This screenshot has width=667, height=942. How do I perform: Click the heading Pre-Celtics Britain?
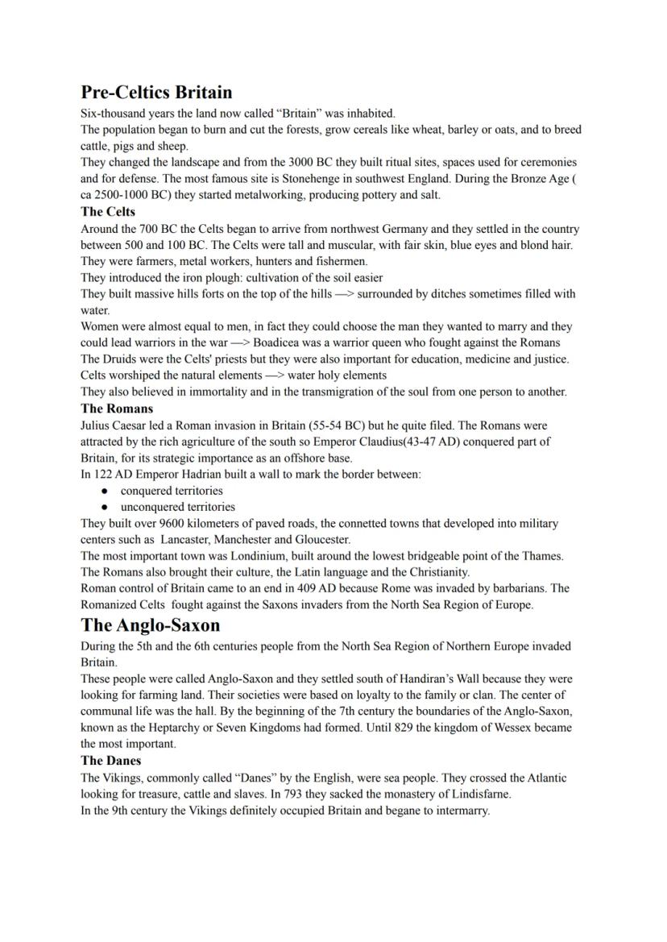click(x=156, y=92)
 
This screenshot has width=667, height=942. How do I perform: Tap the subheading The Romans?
click(x=117, y=409)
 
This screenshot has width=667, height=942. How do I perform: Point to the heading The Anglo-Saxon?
click(x=150, y=625)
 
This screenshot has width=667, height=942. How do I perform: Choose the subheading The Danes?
click(x=110, y=761)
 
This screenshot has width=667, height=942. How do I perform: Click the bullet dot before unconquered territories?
click(x=105, y=508)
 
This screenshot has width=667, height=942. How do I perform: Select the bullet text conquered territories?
click(x=171, y=491)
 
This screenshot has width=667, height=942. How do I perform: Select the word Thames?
click(x=544, y=556)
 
